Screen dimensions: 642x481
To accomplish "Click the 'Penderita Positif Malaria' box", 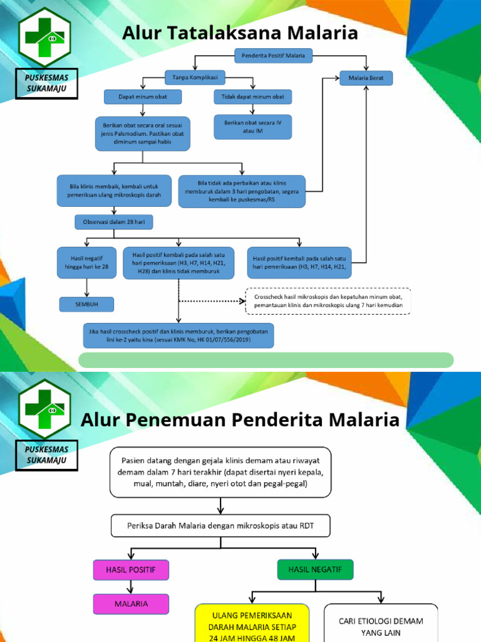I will pyautogui.click(x=273, y=56).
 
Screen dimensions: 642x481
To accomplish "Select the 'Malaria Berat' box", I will pyautogui.click(x=366, y=78).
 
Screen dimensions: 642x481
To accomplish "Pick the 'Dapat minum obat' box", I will pyautogui.click(x=142, y=97).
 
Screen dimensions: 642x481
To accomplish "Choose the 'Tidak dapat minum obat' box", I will pyautogui.click(x=252, y=97).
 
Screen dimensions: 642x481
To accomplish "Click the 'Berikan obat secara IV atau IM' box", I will pyautogui.click(x=252, y=127).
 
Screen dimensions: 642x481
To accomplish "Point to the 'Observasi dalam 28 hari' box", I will pyautogui.click(x=113, y=222).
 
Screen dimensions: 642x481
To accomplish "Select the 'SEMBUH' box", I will pyautogui.click(x=87, y=304).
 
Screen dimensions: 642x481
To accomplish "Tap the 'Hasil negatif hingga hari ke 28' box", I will pyautogui.click(x=87, y=262).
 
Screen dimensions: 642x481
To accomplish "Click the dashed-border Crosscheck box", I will pyautogui.click(x=328, y=301).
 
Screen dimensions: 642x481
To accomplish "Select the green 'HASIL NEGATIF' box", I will pyautogui.click(x=315, y=569).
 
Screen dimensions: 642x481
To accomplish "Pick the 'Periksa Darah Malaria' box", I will pyautogui.click(x=220, y=526).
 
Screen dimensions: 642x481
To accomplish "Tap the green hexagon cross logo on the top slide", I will pyautogui.click(x=44, y=37).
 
